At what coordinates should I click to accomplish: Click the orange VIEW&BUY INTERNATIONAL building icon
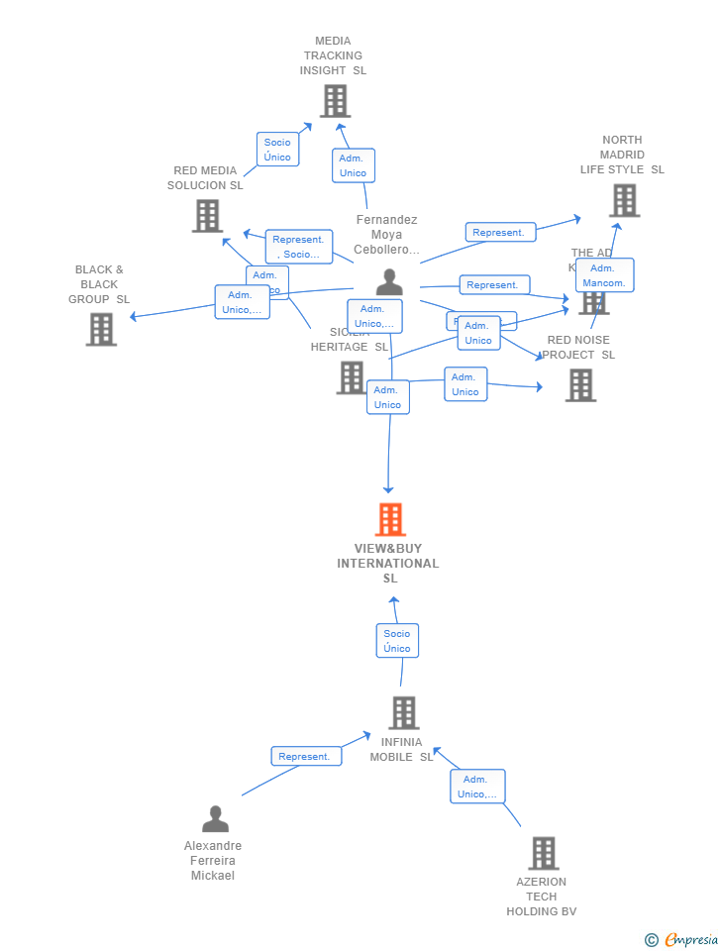click(390, 519)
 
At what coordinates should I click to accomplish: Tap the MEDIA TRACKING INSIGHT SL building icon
click(335, 100)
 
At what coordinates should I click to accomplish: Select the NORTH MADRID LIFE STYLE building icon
click(624, 200)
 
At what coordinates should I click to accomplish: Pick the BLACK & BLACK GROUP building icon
click(101, 329)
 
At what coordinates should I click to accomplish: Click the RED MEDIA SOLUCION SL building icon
click(207, 215)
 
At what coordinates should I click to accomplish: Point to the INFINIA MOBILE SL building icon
click(403, 712)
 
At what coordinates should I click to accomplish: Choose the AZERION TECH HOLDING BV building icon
click(543, 853)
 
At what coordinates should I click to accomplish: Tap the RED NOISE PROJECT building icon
click(580, 385)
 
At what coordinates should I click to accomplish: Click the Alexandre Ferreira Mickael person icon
click(215, 818)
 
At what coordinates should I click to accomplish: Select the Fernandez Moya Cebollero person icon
click(389, 281)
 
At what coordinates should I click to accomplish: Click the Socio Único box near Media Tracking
click(277, 150)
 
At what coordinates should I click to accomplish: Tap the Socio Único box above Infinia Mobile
click(397, 641)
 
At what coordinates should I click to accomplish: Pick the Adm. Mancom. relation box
click(604, 275)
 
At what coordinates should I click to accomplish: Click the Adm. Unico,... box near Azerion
click(478, 787)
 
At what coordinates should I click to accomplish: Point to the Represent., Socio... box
click(298, 247)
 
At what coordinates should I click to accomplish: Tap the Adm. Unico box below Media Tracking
click(353, 165)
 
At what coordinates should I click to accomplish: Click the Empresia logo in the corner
click(682, 939)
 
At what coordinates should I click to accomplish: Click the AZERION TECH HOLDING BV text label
click(542, 897)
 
